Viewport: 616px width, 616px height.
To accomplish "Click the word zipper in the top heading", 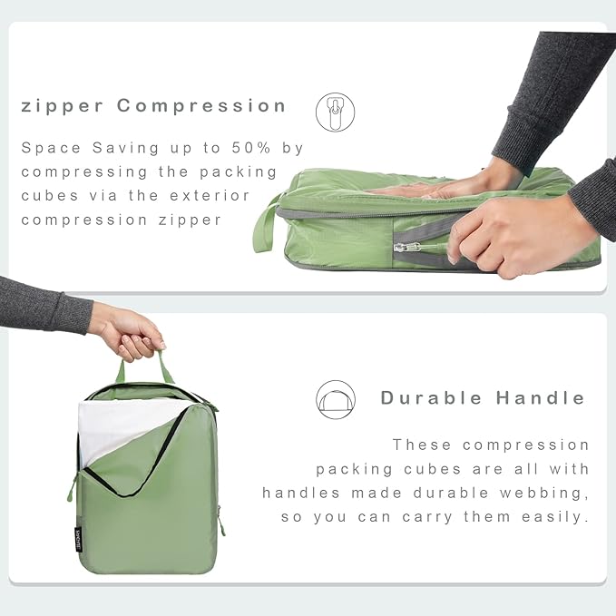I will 64,106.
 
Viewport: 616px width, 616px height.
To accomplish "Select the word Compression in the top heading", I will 201,106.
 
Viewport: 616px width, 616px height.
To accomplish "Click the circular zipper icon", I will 335,112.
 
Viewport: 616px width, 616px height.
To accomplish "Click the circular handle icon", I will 335,399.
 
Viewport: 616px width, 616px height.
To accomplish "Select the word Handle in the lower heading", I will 542,398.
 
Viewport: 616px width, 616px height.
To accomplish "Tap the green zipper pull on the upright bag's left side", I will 71,491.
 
